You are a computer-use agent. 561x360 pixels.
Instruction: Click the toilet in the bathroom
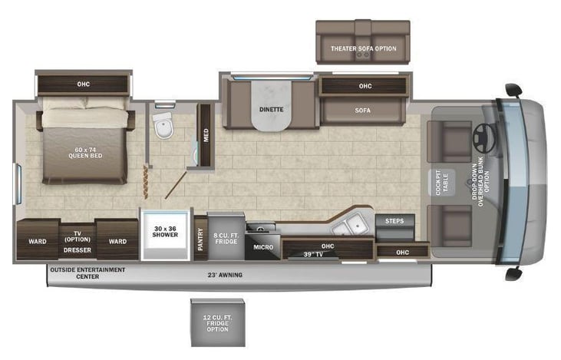(x=163, y=125)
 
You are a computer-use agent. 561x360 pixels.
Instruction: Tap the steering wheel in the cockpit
(x=484, y=137)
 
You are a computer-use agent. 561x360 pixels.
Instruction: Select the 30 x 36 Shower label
(x=165, y=232)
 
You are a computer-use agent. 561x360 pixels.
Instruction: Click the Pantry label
(x=200, y=239)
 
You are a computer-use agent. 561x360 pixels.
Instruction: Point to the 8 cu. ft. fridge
(x=226, y=236)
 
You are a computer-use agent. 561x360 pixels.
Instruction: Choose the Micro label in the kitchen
(x=263, y=247)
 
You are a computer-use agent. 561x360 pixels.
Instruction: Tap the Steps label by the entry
(x=394, y=221)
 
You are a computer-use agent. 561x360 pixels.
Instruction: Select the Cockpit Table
(x=441, y=183)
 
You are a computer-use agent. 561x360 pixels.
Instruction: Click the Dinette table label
(x=271, y=110)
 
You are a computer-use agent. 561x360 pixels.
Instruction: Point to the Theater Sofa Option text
(x=363, y=48)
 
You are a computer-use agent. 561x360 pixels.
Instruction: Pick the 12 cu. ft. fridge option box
(x=217, y=323)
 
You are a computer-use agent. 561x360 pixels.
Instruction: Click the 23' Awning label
(x=225, y=275)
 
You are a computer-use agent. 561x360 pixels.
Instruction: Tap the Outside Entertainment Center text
(x=87, y=273)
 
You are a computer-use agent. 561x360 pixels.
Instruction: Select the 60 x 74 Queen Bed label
(x=85, y=153)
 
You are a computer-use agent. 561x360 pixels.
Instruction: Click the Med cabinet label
(x=206, y=135)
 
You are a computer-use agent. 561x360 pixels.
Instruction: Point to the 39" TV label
(x=313, y=254)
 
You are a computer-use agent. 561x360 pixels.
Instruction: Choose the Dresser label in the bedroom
(x=78, y=250)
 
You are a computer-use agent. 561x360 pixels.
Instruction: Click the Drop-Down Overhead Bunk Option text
(x=480, y=182)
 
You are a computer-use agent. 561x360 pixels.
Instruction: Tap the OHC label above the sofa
(x=365, y=86)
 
